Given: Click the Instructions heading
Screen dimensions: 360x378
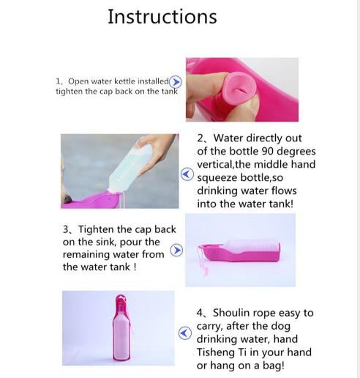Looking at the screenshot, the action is click(162, 17).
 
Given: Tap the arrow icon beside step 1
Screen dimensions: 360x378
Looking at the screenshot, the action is click(176, 82).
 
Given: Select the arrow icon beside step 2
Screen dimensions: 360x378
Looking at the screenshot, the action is click(187, 174).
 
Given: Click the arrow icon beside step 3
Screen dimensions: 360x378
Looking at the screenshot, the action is click(176, 250).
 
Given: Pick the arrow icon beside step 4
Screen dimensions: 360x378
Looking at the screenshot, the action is click(185, 333).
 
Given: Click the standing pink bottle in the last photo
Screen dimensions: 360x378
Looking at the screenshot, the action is click(121, 328).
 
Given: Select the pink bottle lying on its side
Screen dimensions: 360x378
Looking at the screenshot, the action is click(239, 251).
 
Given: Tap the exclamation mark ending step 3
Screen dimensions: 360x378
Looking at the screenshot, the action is click(135, 267).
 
